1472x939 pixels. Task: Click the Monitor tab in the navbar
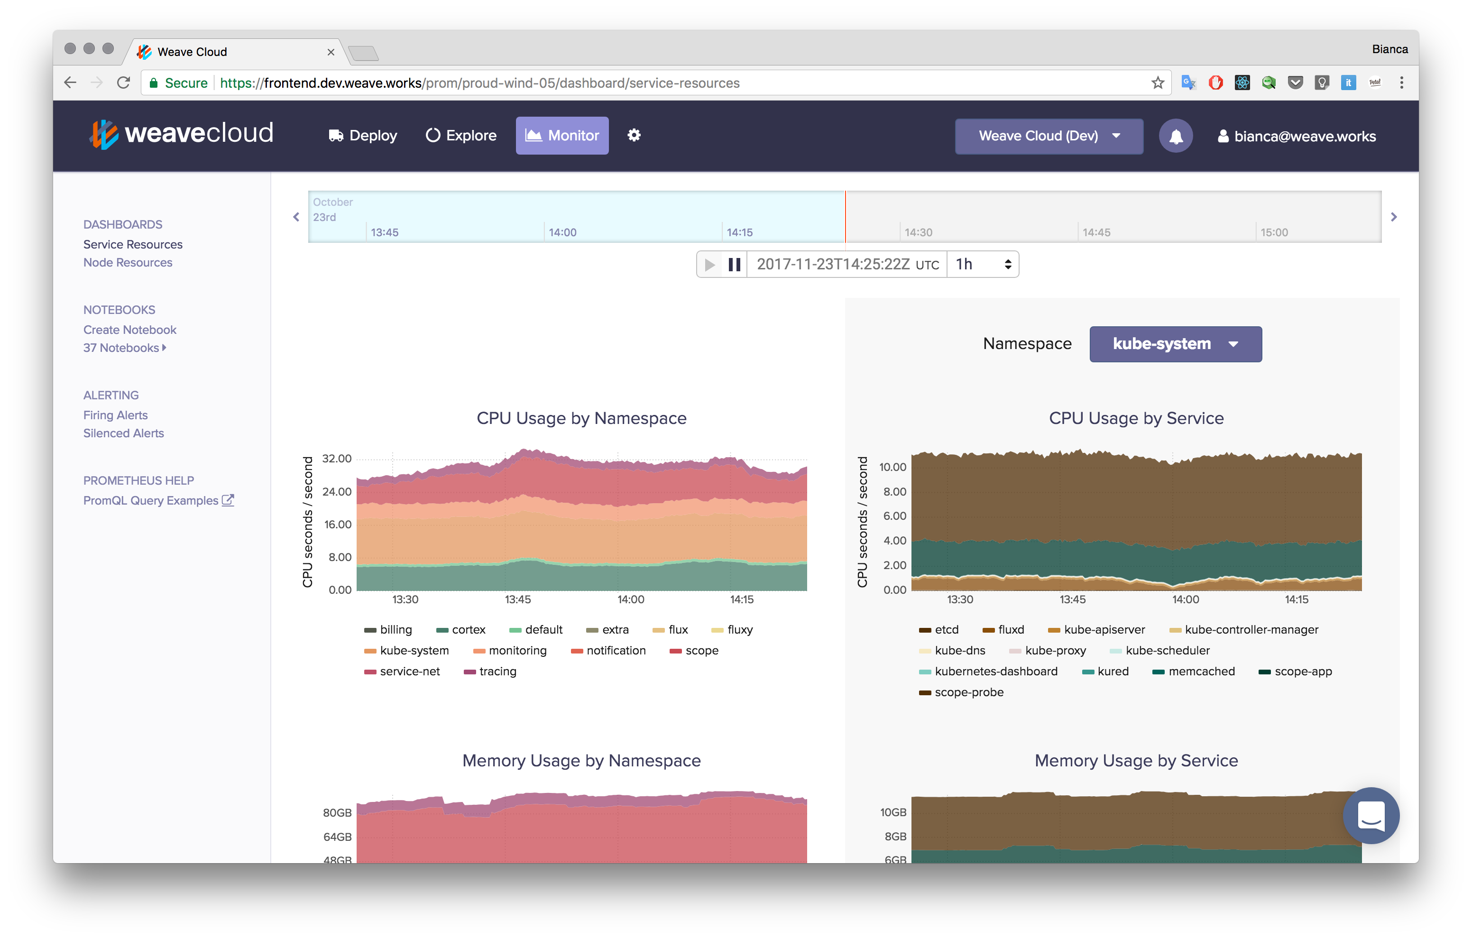562,136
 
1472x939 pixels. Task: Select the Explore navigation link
461,136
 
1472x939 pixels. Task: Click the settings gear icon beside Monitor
634,135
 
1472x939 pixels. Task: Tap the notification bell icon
1175,136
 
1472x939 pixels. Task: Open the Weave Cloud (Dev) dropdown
1049,136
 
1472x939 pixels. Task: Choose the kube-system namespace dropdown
1175,344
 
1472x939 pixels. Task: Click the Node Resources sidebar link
128,263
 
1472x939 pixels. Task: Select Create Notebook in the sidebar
129,330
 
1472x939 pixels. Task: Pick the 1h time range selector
982,265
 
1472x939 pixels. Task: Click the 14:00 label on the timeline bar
562,233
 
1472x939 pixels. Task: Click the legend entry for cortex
468,630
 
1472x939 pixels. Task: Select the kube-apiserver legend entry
1104,630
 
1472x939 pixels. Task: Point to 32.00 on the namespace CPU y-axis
337,459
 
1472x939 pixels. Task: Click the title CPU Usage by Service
1136,419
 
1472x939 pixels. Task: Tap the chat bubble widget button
1370,816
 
